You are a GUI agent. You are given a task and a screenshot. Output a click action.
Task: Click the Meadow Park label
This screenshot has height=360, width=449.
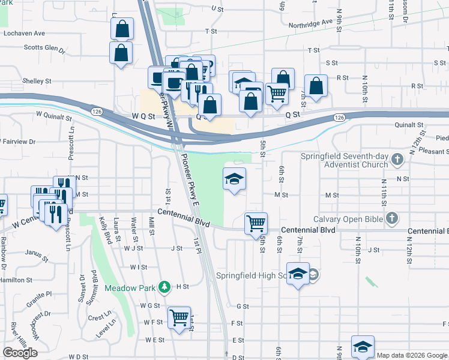(130, 287)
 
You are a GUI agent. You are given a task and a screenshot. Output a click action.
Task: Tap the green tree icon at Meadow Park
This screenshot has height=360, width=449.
(163, 287)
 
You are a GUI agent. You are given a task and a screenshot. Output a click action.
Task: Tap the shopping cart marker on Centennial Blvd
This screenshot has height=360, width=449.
(256, 224)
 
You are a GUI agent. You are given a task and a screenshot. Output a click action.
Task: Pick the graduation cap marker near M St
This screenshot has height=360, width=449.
(235, 179)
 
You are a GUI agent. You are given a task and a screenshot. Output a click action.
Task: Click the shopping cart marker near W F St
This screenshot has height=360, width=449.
(179, 318)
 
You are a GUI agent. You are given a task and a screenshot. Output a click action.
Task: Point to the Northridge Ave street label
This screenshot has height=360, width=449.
(310, 23)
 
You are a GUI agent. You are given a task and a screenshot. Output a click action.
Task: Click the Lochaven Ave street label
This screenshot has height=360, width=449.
(24, 34)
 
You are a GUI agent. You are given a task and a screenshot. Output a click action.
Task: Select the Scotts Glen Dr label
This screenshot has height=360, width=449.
(43, 48)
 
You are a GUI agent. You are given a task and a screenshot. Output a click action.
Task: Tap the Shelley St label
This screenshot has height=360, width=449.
(37, 80)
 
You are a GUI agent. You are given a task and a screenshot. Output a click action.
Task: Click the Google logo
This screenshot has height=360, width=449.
(20, 352)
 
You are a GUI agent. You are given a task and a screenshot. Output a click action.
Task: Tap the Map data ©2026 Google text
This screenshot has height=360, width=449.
(411, 355)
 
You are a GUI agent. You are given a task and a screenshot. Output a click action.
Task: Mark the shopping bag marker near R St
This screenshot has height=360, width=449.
(316, 86)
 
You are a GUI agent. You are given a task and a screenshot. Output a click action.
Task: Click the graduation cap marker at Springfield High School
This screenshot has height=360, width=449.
(298, 274)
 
